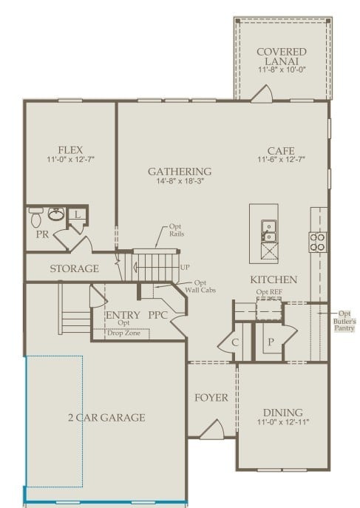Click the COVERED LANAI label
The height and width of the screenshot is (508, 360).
[x=282, y=56]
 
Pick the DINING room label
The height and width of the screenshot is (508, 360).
[x=282, y=413]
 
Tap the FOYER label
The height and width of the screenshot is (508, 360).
[x=211, y=398]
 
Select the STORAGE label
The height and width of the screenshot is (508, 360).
[x=74, y=268]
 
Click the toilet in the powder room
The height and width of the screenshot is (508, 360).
[x=36, y=217]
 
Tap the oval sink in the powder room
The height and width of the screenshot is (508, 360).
[x=58, y=215]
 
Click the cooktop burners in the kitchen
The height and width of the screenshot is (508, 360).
[x=318, y=241]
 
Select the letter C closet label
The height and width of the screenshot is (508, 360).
[x=235, y=342]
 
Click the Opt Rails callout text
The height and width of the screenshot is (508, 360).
[x=176, y=230]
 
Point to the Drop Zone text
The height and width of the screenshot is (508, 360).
[x=123, y=333]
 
